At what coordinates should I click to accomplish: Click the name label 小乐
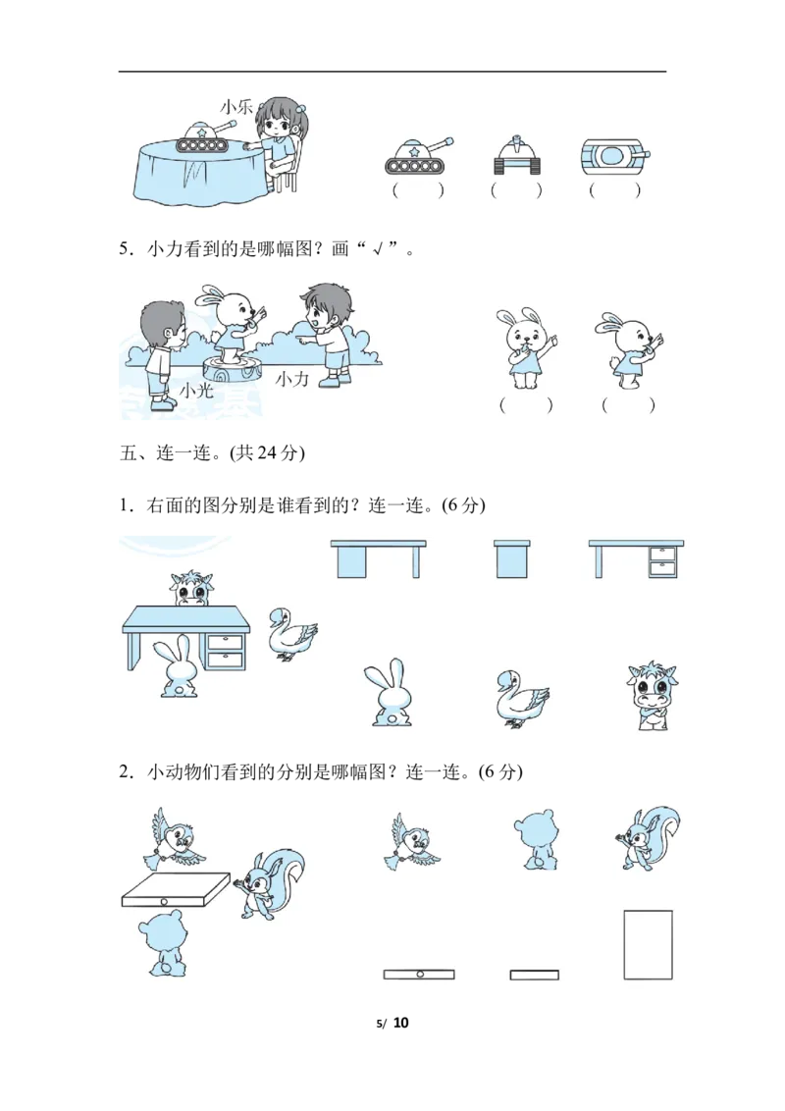point(236,107)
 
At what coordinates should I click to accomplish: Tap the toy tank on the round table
point(205,136)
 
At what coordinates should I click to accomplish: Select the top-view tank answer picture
point(614,155)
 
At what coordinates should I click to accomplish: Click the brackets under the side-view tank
point(418,189)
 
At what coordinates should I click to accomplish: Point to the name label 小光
point(196,391)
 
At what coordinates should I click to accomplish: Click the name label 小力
point(291,379)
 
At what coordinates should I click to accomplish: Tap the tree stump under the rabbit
point(234,369)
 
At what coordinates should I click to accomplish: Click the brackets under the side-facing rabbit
point(628,405)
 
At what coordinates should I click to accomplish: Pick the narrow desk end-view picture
point(511,558)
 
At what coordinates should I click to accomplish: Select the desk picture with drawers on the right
point(636,559)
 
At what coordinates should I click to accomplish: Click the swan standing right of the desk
point(291,634)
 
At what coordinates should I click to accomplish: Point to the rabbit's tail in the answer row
point(389,719)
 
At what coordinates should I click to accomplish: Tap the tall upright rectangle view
point(648,944)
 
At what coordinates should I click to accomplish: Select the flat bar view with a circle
point(419,975)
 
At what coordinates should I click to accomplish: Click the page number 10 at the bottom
point(401,1023)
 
